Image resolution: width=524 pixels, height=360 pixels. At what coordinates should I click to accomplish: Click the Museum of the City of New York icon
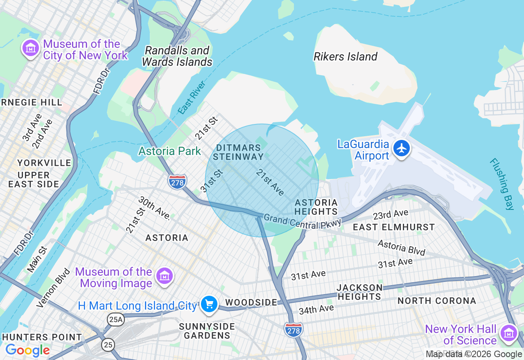pyautogui.click(x=30, y=49)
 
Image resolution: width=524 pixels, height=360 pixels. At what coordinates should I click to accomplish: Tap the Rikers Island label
pyautogui.click(x=345, y=57)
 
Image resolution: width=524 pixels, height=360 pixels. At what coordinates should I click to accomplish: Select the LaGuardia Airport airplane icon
pyautogui.click(x=402, y=148)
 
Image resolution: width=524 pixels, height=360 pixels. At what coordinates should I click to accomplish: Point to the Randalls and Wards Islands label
pyautogui.click(x=177, y=56)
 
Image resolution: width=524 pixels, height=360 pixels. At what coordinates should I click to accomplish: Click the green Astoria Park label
pyautogui.click(x=169, y=151)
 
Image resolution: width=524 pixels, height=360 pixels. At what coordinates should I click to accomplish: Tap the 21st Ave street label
pyautogui.click(x=270, y=182)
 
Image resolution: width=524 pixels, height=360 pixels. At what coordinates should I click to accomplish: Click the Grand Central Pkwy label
pyautogui.click(x=302, y=221)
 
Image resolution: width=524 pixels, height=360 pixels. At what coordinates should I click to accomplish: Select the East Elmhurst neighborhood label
pyautogui.click(x=393, y=227)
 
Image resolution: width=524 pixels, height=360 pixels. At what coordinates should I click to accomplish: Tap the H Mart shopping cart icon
pyautogui.click(x=209, y=304)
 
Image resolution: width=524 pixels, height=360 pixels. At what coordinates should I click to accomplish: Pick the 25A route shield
pyautogui.click(x=115, y=319)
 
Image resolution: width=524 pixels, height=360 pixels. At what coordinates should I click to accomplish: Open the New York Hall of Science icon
pyautogui.click(x=509, y=333)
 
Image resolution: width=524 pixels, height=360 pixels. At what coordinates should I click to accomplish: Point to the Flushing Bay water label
pyautogui.click(x=501, y=184)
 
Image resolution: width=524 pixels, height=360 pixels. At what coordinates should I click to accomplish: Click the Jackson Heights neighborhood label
pyautogui.click(x=359, y=292)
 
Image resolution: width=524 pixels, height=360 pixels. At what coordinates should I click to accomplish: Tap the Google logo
pyautogui.click(x=27, y=351)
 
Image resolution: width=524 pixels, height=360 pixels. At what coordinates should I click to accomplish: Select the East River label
pyautogui.click(x=192, y=97)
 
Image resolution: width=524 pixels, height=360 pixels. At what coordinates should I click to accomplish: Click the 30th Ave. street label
pyautogui.click(x=154, y=208)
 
